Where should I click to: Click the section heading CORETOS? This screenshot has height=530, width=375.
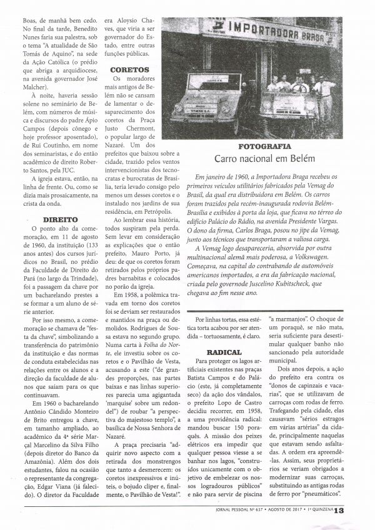coord(129,71)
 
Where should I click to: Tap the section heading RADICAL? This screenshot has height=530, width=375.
coord(224,352)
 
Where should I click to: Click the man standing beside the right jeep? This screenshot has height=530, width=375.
coord(326,94)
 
